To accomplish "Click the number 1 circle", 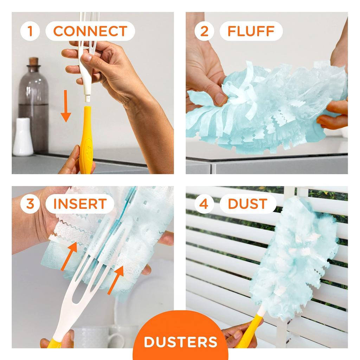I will (x=30, y=31).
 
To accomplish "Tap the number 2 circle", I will (x=204, y=31).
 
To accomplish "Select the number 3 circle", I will (x=30, y=204).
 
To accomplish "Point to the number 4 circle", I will (x=204, y=204).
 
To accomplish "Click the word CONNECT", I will (x=90, y=31).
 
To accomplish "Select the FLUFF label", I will (x=251, y=31).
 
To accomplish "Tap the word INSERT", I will (x=80, y=204).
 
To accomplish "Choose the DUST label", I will (x=247, y=204).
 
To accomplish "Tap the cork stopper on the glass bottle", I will (x=33, y=62).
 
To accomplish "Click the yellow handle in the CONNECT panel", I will (x=86, y=141).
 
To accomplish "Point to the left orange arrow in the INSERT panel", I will (x=70, y=256).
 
